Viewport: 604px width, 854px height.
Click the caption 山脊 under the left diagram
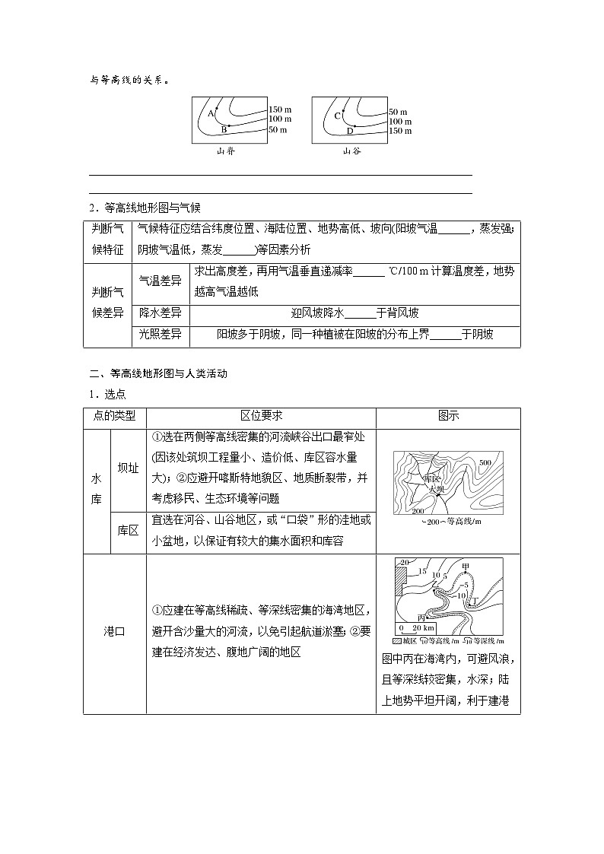click(x=226, y=151)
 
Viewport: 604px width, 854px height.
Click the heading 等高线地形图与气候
click(x=151, y=208)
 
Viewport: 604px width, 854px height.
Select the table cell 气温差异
click(x=160, y=281)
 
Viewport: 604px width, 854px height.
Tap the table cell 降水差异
click(x=160, y=313)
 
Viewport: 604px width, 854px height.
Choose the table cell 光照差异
click(x=160, y=334)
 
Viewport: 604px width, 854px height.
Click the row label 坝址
click(x=128, y=468)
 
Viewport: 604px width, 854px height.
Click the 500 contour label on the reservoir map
click(x=485, y=462)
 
